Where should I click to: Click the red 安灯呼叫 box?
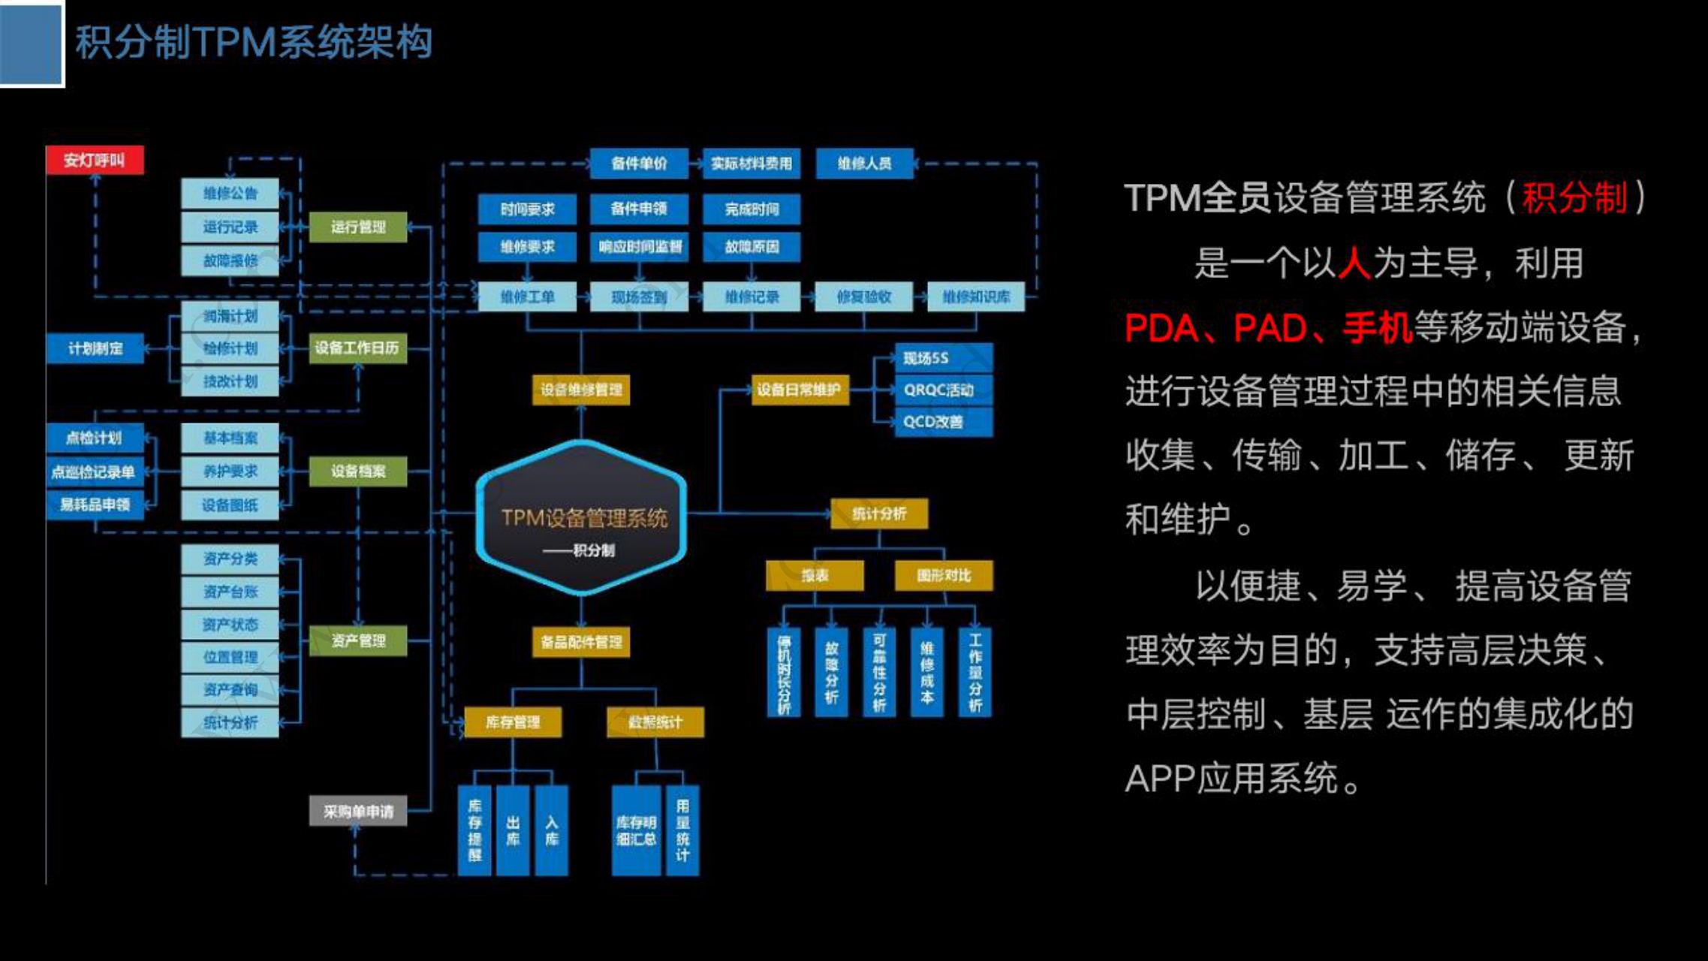click(x=95, y=160)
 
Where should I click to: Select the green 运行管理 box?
click(x=358, y=227)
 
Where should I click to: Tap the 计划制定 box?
click(x=95, y=348)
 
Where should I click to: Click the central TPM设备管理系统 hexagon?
click(x=582, y=518)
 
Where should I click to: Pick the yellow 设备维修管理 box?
click(x=581, y=390)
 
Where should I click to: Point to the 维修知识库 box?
click(x=975, y=297)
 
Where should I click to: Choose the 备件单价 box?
click(x=639, y=163)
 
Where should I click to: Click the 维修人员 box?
click(x=864, y=163)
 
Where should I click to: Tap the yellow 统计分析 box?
click(x=879, y=514)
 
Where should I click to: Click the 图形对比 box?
click(x=944, y=576)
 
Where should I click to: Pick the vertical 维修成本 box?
click(x=927, y=672)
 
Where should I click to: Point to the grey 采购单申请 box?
click(x=358, y=812)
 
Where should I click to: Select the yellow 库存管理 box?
click(x=513, y=722)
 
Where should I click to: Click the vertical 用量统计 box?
click(x=682, y=830)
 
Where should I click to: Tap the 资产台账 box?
click(x=230, y=592)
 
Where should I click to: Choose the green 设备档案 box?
click(x=358, y=471)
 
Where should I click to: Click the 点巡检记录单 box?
click(x=95, y=471)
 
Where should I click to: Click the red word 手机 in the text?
click(x=1378, y=328)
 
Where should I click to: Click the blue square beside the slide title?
click(x=31, y=43)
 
